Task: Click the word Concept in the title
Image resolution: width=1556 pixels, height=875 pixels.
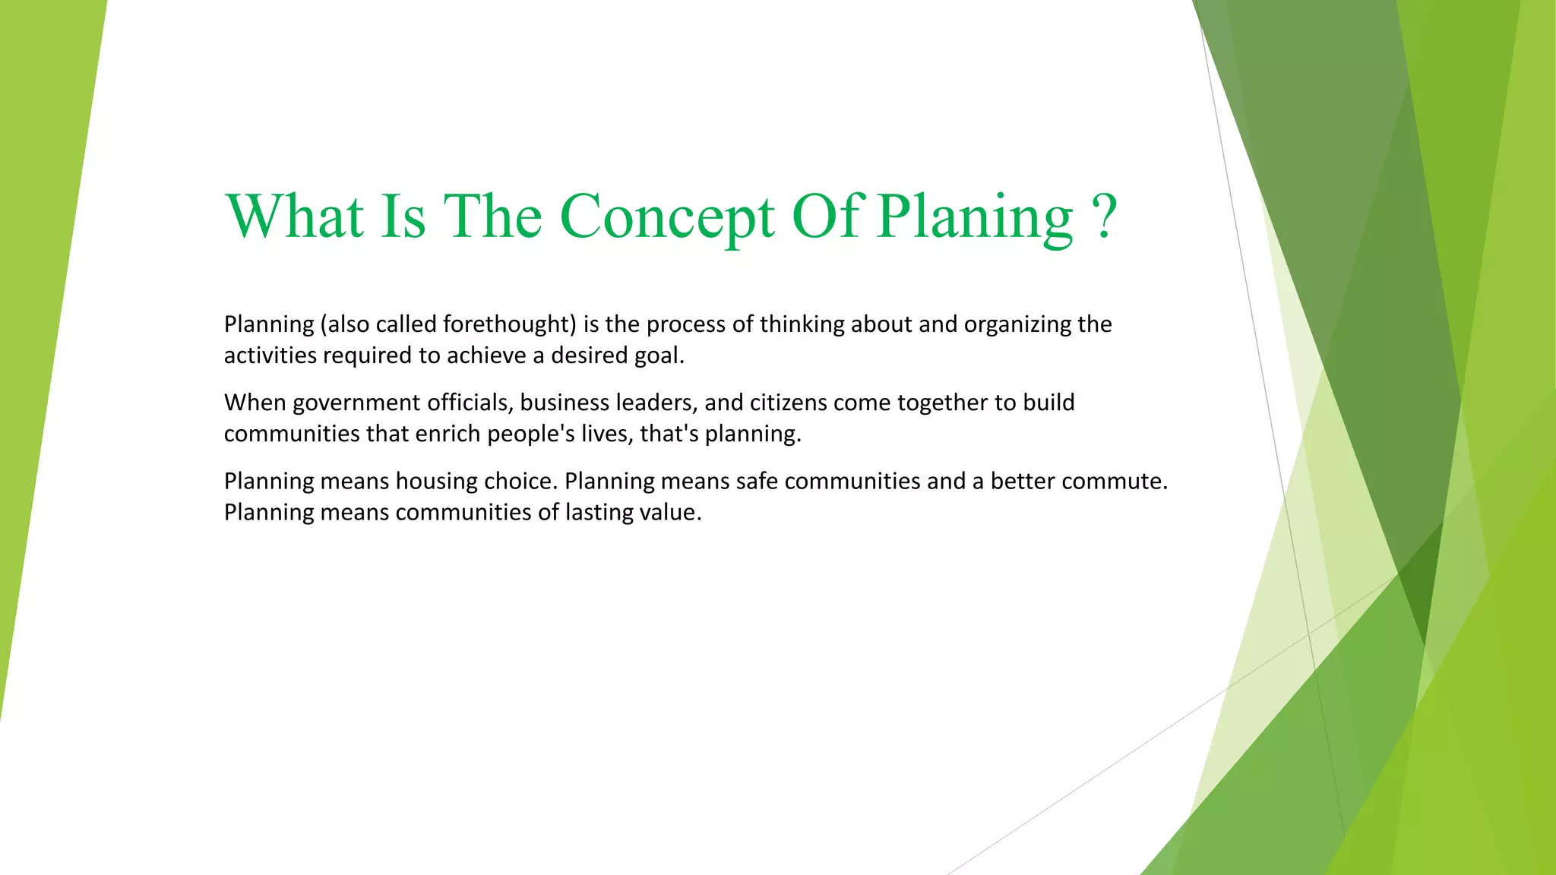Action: pyautogui.click(x=667, y=216)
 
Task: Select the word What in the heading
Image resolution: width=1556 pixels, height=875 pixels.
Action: pyautogui.click(x=295, y=216)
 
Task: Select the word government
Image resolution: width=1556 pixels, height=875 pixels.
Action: pyautogui.click(x=356, y=403)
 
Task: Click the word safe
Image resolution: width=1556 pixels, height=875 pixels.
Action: pyautogui.click(x=757, y=481)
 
